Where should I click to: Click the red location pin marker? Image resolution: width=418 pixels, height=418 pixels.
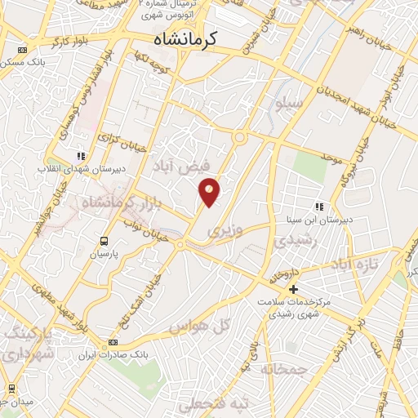[210, 193]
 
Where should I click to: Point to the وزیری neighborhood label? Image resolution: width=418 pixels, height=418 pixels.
[225, 232]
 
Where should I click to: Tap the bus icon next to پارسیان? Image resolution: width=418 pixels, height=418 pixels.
[104, 241]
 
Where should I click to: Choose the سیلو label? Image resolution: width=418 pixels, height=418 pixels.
[291, 104]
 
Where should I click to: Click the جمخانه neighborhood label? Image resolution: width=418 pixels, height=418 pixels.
[284, 370]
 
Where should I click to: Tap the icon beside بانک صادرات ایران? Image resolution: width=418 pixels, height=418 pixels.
[113, 342]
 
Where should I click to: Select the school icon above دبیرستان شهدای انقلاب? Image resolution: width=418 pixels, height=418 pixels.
[80, 155]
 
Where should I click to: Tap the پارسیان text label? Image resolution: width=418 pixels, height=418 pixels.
[104, 255]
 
